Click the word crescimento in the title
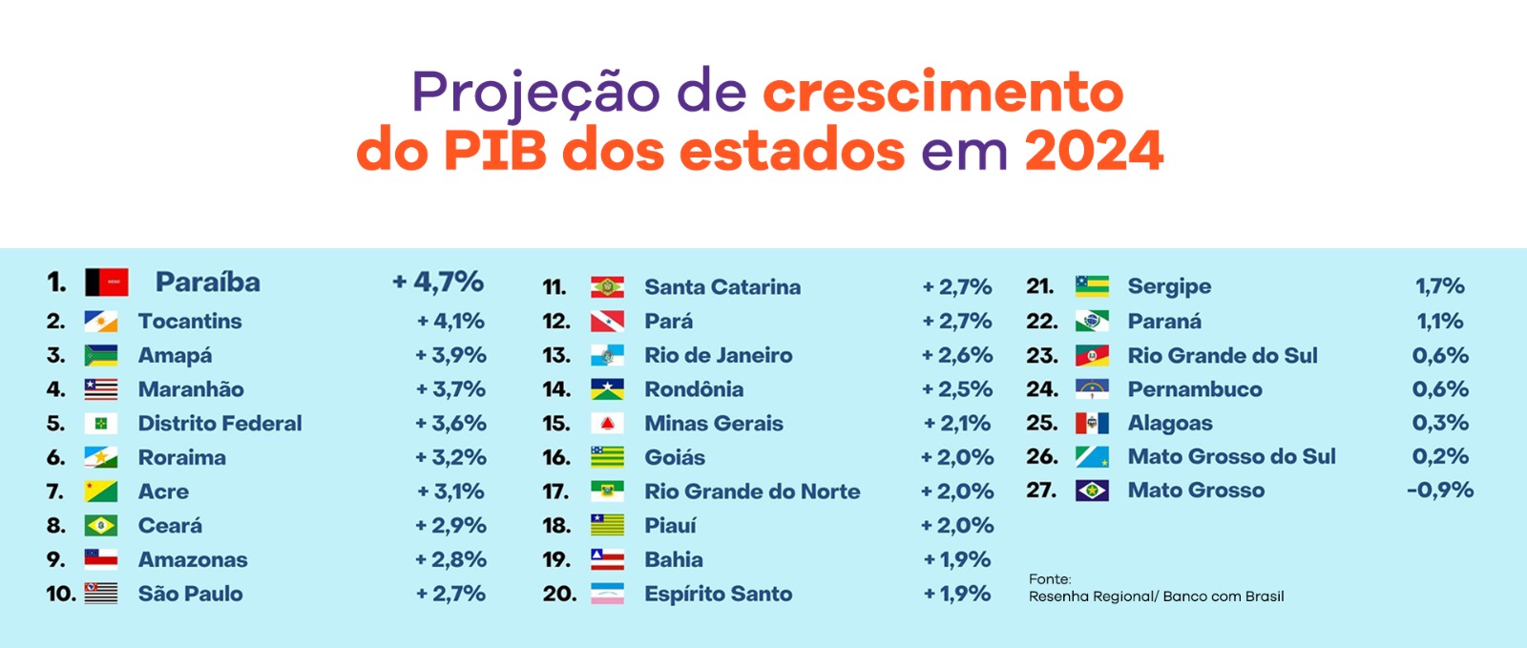[943, 92]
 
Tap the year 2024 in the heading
[1094, 151]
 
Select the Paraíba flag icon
[106, 282]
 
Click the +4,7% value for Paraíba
[438, 282]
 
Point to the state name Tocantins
[190, 322]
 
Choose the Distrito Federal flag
[100, 424]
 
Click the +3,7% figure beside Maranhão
[450, 389]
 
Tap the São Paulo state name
[190, 594]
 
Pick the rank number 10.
[60, 594]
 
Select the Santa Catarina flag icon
[607, 287]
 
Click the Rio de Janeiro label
[718, 355]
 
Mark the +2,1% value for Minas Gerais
[957, 424]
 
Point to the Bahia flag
[607, 560]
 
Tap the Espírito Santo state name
[718, 594]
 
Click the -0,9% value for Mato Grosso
[1439, 491]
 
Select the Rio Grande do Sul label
[1222, 356]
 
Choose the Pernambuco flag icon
[1092, 389]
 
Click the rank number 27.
[1041, 491]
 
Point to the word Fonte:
[1050, 579]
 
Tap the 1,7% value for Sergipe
[1439, 286]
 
